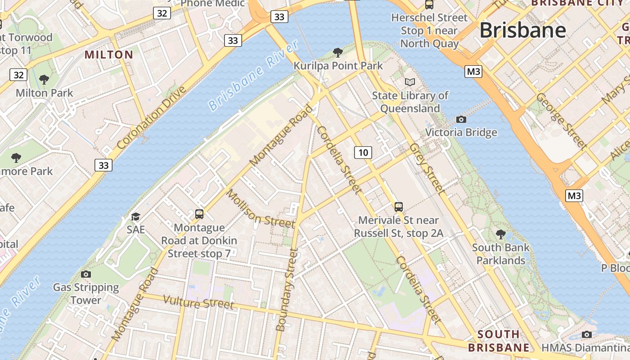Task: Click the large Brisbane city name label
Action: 522,30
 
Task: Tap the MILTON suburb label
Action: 109,55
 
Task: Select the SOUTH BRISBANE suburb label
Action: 499,341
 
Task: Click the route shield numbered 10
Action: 363,153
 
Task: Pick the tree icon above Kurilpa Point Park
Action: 338,53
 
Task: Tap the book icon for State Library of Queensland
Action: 409,82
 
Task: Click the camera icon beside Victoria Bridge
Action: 461,119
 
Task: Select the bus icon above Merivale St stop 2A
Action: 398,207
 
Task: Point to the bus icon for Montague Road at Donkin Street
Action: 199,214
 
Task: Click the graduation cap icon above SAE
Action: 135,216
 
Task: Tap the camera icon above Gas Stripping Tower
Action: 85,274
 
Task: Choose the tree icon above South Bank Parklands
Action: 500,234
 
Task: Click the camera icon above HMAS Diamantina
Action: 586,334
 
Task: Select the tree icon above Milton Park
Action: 44,80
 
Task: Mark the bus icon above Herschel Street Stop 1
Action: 429,4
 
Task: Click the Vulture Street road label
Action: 198,302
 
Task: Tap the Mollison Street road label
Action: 260,208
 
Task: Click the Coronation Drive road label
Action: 151,118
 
